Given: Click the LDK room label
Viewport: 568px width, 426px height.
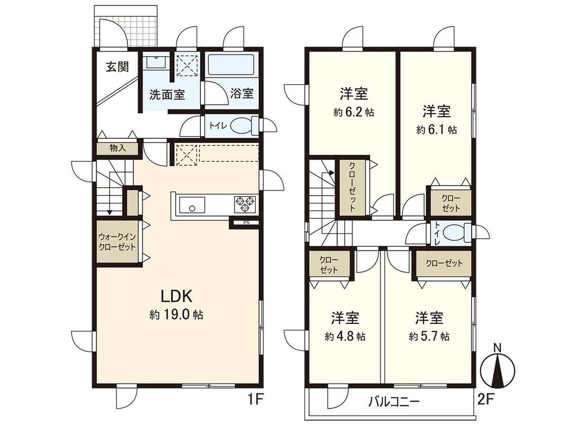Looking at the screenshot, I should pyautogui.click(x=176, y=295).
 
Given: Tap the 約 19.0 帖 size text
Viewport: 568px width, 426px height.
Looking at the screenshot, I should pyautogui.click(x=176, y=316).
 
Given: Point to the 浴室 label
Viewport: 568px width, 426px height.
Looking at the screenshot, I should pyautogui.click(x=242, y=94).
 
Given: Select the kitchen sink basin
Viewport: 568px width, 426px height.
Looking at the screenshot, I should pyautogui.click(x=192, y=204).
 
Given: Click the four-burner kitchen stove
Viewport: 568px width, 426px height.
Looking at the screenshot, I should pyautogui.click(x=245, y=204).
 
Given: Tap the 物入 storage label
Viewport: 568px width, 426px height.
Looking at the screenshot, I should pyautogui.click(x=117, y=149).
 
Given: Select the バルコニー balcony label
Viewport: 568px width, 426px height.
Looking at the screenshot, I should pyautogui.click(x=393, y=402).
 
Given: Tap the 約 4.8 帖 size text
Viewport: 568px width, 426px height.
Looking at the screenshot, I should pyautogui.click(x=346, y=336).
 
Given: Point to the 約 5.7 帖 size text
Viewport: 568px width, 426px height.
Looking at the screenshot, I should pyautogui.click(x=429, y=336).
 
